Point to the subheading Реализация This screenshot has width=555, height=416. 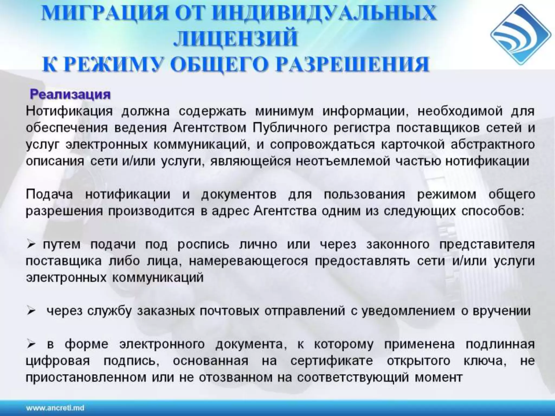pyautogui.click(x=70, y=95)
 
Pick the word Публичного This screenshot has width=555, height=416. pyautogui.click(x=290, y=128)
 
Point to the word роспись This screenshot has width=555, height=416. pyautogui.click(x=203, y=245)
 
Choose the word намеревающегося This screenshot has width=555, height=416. pyautogui.click(x=248, y=261)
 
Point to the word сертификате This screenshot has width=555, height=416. pyautogui.click(x=332, y=361)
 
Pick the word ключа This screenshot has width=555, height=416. pyautogui.click(x=485, y=361)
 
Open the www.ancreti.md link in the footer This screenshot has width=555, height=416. pyautogui.click(x=55, y=408)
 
